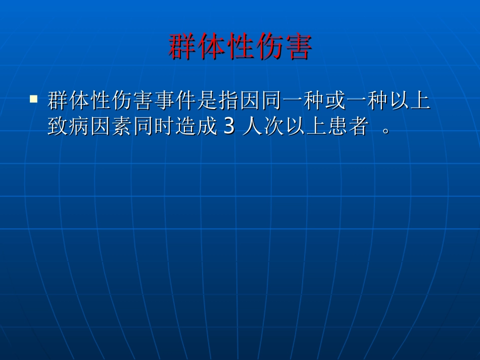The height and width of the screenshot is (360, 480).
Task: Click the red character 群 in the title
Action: tap(182, 47)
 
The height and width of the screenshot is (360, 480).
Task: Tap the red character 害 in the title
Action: tap(298, 47)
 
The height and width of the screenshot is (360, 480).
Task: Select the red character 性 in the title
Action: tap(240, 47)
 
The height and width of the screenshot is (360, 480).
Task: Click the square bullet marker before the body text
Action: tap(34, 99)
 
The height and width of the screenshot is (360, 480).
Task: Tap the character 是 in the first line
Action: tap(207, 100)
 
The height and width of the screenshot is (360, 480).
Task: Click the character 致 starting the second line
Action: tap(58, 127)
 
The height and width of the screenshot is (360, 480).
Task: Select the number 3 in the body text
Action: tap(229, 127)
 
